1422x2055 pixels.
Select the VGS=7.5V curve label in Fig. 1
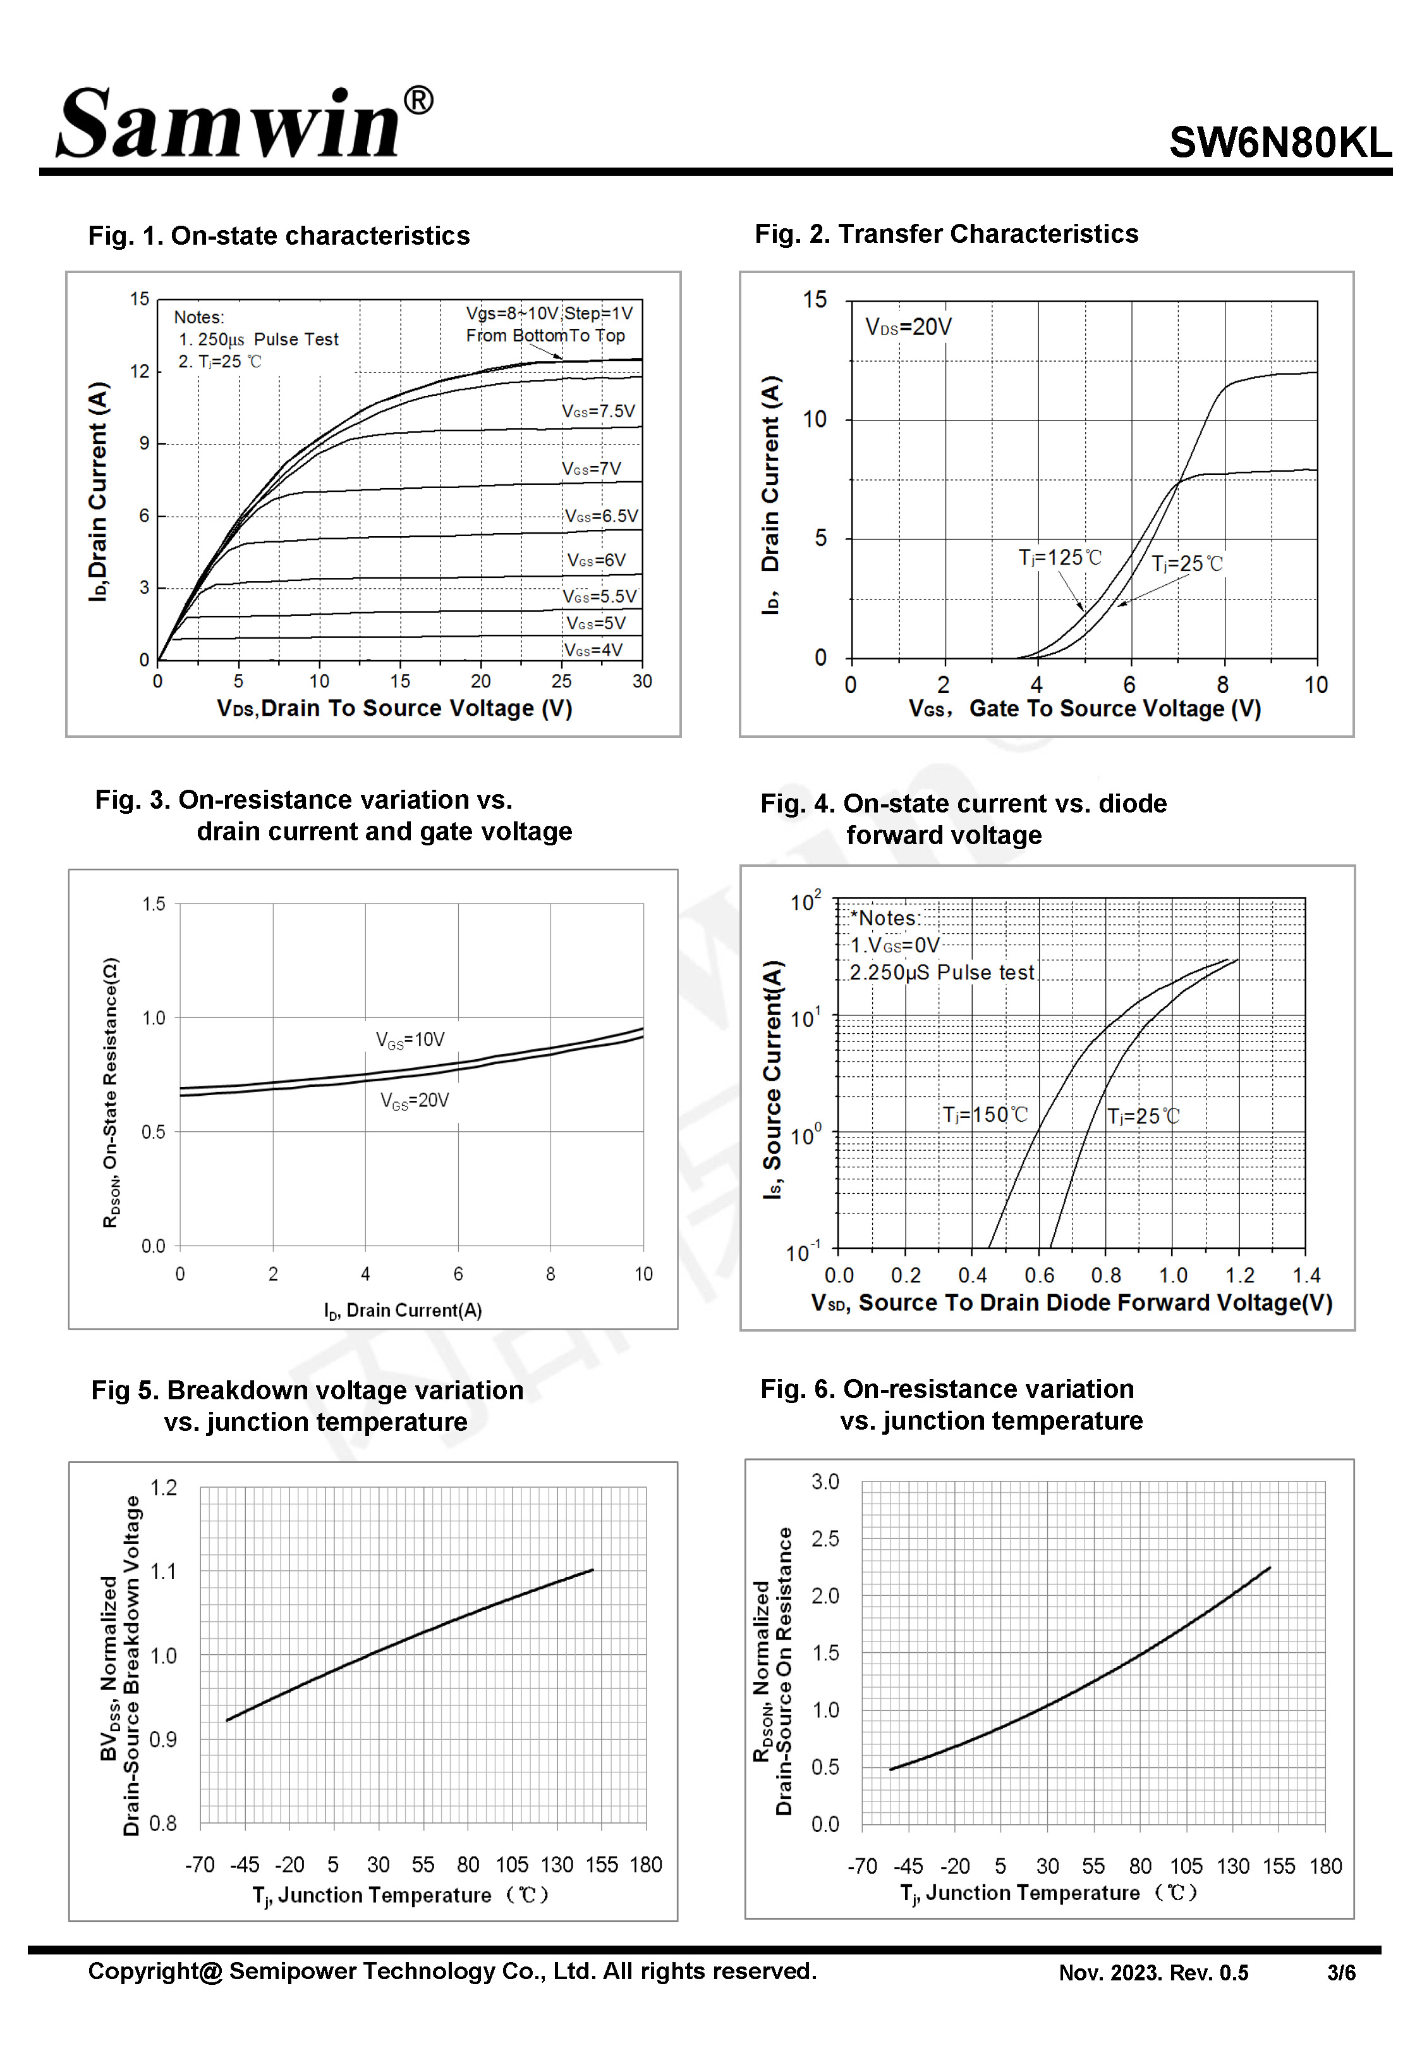tap(598, 411)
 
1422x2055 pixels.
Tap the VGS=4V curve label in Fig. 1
tap(593, 649)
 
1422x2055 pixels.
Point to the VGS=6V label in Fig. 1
tap(596, 560)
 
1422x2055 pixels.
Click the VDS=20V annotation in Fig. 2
tap(908, 327)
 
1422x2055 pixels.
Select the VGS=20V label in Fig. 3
tap(415, 1101)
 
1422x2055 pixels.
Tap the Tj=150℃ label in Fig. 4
tap(985, 1114)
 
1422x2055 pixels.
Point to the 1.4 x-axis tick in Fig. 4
tap(1306, 1275)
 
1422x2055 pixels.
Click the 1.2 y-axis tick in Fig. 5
tap(163, 1487)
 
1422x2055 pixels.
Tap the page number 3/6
tap(1341, 1972)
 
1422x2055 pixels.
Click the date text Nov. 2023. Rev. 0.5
tap(1153, 1972)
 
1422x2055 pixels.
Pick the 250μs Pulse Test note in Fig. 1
tap(258, 340)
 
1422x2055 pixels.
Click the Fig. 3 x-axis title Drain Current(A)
tap(403, 1310)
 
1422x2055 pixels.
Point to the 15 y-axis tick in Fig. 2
tap(815, 300)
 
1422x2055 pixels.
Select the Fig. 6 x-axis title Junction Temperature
tap(1048, 1892)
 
